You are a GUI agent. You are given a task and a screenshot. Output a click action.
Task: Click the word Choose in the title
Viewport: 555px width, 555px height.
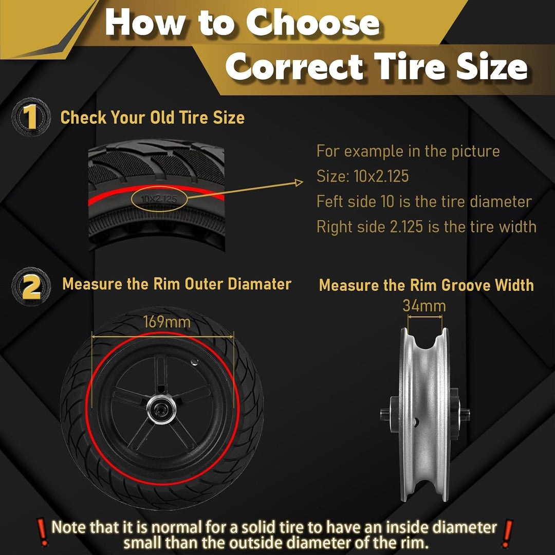point(313,22)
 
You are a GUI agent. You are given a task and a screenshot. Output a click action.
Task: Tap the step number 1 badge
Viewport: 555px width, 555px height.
point(31,117)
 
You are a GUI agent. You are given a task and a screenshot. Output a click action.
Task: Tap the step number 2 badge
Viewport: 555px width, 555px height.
point(31,286)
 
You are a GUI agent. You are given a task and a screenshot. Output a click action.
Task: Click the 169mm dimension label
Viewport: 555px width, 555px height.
point(166,322)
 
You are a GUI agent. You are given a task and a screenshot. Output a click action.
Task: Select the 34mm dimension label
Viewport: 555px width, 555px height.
point(424,306)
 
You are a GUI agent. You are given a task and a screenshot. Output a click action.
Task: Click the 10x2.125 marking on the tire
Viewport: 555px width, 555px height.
point(159,199)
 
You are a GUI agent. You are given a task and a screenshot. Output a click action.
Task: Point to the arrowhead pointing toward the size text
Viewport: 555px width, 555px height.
point(299,182)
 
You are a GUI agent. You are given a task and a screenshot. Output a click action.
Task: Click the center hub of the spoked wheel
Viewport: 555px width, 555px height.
point(161,409)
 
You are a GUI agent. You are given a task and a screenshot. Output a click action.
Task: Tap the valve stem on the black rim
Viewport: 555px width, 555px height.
point(194,362)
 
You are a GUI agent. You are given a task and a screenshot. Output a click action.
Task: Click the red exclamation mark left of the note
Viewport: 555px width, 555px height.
point(43,532)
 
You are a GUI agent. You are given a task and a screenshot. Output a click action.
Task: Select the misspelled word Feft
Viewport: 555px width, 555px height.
point(330,201)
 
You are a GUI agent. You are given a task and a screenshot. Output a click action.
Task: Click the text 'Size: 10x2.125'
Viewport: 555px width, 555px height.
point(362,176)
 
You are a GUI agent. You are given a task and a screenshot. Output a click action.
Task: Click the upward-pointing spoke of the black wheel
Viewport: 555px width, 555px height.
point(160,375)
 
